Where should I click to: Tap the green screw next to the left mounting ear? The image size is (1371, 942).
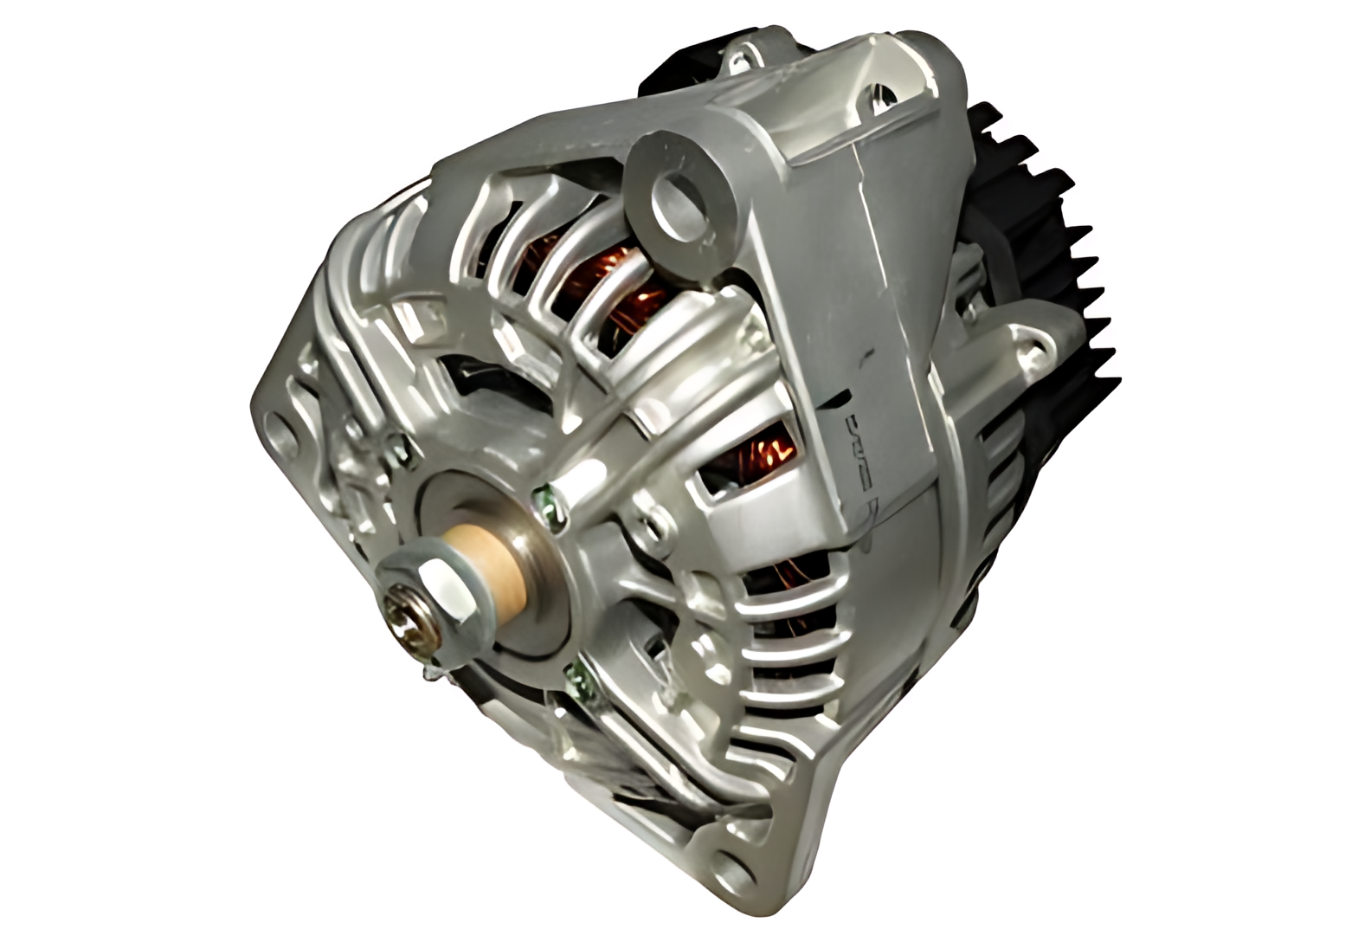[397, 447]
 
